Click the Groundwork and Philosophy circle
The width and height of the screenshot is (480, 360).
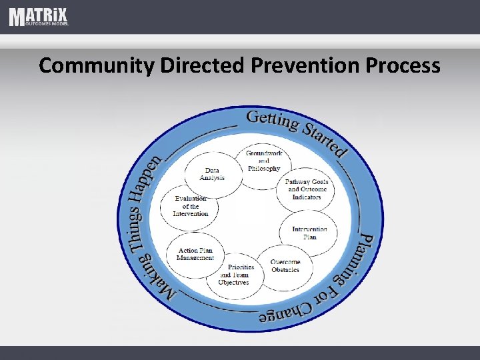pyautogui.click(x=264, y=161)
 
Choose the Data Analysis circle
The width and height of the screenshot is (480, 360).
pyautogui.click(x=212, y=175)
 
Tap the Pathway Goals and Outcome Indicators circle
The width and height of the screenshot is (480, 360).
pyautogui.click(x=306, y=189)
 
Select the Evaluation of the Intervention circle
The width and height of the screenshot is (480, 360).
pyautogui.click(x=191, y=207)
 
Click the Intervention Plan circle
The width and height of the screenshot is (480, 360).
pyautogui.click(x=309, y=233)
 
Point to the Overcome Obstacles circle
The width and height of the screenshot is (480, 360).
pyautogui.click(x=285, y=265)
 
